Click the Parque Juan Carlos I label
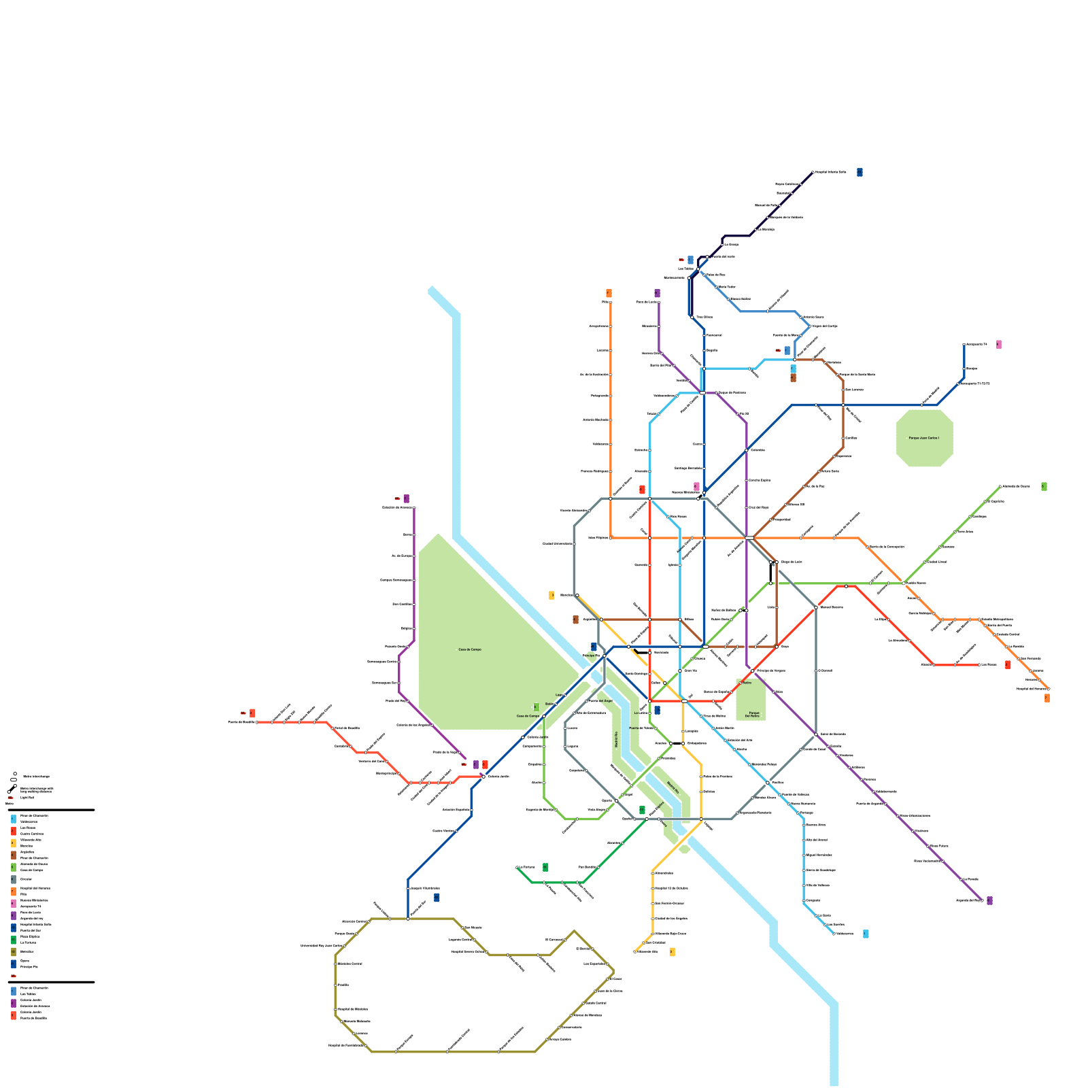pyautogui.click(x=924, y=438)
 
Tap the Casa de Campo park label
pyautogui.click(x=469, y=649)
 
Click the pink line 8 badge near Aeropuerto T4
pyautogui.click(x=998, y=345)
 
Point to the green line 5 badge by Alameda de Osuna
pyautogui.click(x=1044, y=487)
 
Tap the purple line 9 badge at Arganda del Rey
pyautogui.click(x=989, y=900)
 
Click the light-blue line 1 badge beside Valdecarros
pyautogui.click(x=865, y=934)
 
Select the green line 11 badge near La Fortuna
pyautogui.click(x=545, y=867)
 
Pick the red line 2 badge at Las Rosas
pyautogui.click(x=1008, y=664)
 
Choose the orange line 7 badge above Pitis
pyautogui.click(x=609, y=293)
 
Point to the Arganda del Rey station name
pyautogui.click(x=968, y=900)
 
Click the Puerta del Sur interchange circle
pyautogui.click(x=408, y=919)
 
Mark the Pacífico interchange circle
pyautogui.click(x=768, y=783)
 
